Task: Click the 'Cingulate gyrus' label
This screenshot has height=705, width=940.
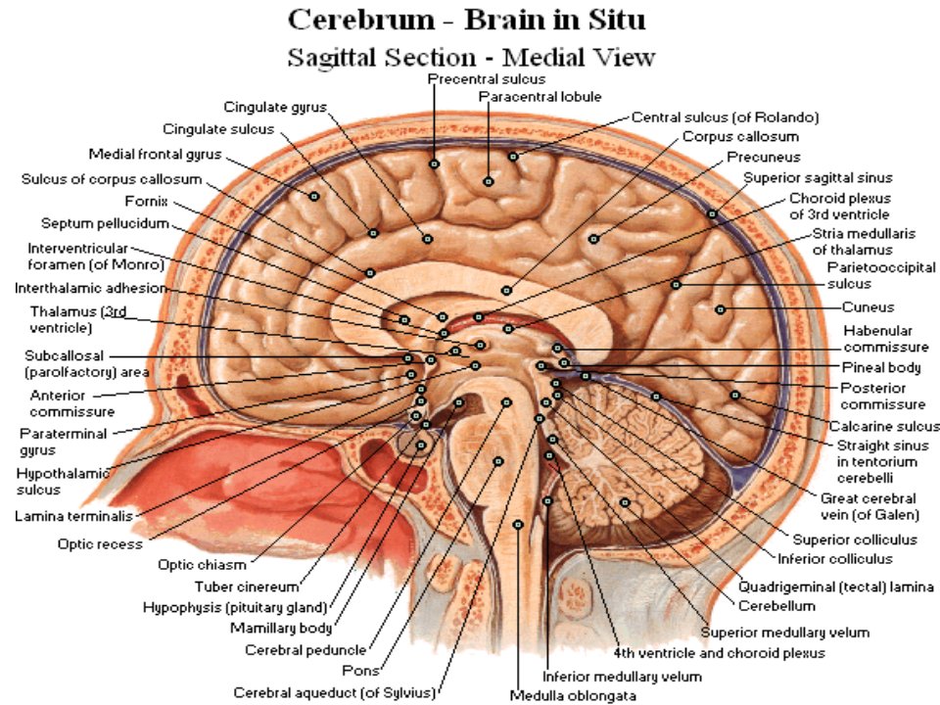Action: [x=275, y=108]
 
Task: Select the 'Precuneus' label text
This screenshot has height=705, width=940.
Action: [x=763, y=157]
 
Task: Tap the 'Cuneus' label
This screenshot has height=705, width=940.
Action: [x=868, y=307]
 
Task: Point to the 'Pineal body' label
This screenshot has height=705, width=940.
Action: [x=880, y=367]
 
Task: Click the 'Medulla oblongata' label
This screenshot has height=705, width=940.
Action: [x=573, y=696]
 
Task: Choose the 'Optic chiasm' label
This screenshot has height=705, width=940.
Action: [x=202, y=565]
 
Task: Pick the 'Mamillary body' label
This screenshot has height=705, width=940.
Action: [x=281, y=629]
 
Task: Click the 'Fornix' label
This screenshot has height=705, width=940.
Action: [x=146, y=202]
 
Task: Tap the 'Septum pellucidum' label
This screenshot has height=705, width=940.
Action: [x=105, y=223]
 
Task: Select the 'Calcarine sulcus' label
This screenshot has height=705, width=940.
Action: [x=884, y=426]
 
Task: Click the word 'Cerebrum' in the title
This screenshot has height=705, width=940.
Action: [x=361, y=20]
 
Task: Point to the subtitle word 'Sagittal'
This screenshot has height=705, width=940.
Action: [x=332, y=58]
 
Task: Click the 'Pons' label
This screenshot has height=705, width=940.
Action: [x=360, y=670]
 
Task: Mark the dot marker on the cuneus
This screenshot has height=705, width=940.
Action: [x=721, y=309]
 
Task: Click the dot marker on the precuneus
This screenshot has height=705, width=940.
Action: [x=593, y=239]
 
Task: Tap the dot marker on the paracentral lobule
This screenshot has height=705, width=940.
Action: [x=489, y=181]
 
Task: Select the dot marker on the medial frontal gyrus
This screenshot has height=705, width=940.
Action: [x=314, y=196]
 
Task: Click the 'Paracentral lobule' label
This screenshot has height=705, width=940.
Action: [x=540, y=97]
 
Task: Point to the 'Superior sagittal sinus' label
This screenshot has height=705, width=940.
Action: [x=818, y=178]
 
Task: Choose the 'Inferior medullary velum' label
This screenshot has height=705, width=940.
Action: [x=622, y=677]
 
